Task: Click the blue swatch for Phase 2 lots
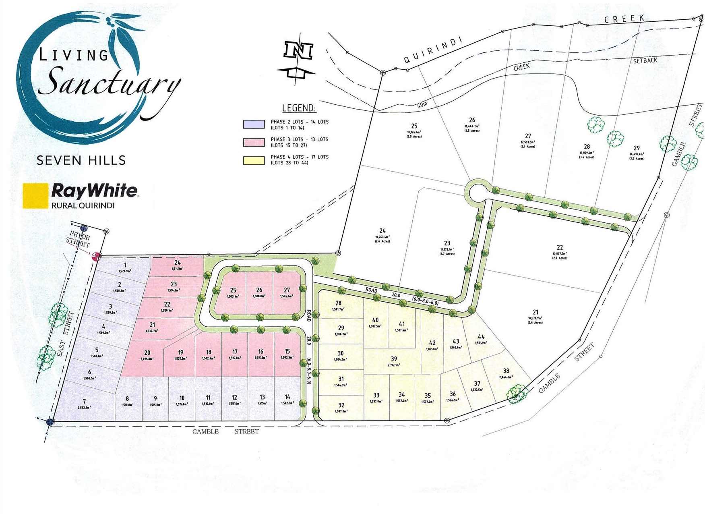click(x=254, y=124)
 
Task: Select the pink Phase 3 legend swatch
click(x=254, y=142)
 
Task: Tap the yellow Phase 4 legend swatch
click(x=254, y=160)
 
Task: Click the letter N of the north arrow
click(x=298, y=50)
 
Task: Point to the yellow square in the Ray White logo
click(x=35, y=196)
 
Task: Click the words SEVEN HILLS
click(x=81, y=160)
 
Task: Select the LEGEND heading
click(x=299, y=108)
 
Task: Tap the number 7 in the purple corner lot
click(x=85, y=401)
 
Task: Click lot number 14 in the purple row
click(x=287, y=397)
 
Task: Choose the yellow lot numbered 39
click(x=394, y=359)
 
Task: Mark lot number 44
click(x=481, y=336)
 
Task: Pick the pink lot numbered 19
click(x=181, y=352)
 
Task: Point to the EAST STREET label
click(x=64, y=334)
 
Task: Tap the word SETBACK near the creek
click(x=645, y=60)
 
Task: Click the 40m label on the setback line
click(x=422, y=105)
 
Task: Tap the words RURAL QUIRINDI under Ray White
click(x=83, y=205)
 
